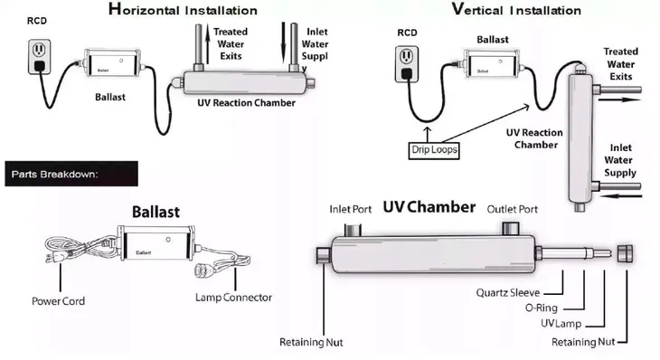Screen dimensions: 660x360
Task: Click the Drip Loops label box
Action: [434, 150]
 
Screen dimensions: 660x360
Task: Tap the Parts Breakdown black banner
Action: [71, 174]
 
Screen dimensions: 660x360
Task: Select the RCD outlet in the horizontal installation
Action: [40, 57]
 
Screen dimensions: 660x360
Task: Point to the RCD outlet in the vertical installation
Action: [407, 64]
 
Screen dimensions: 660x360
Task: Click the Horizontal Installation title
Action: [183, 9]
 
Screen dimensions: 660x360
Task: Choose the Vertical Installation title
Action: [516, 9]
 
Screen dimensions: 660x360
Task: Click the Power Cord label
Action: [58, 301]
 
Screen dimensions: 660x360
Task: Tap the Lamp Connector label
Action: [233, 298]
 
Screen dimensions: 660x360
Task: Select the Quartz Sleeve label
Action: [507, 293]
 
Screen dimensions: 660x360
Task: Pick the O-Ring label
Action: [542, 308]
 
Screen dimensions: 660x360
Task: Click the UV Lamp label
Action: [561, 324]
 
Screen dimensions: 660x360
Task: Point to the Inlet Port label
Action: [350, 209]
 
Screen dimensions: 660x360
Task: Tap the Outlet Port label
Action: [513, 209]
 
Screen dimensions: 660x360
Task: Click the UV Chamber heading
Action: [429, 207]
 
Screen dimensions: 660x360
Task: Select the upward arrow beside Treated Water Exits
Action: [207, 43]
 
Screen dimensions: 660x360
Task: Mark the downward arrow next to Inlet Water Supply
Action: [284, 43]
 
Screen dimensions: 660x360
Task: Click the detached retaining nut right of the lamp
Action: [625, 253]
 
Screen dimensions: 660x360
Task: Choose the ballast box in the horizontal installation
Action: [113, 63]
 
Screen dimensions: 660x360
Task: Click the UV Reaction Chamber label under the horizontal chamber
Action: [246, 103]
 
